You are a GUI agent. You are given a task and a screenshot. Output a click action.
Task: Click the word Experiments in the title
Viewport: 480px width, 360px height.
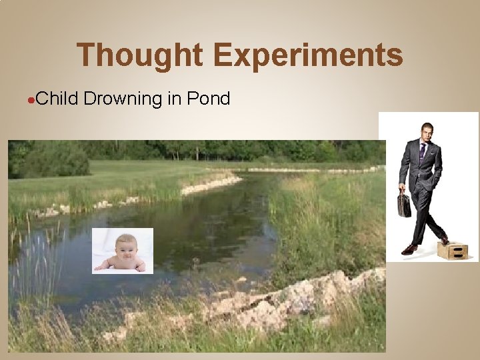click(x=308, y=55)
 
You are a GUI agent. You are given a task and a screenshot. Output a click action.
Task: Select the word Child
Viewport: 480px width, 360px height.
click(x=57, y=99)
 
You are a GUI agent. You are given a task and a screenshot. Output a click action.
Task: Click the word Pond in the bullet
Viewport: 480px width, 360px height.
click(x=209, y=99)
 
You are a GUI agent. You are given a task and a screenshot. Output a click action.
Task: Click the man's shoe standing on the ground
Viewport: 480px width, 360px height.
click(x=409, y=249)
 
